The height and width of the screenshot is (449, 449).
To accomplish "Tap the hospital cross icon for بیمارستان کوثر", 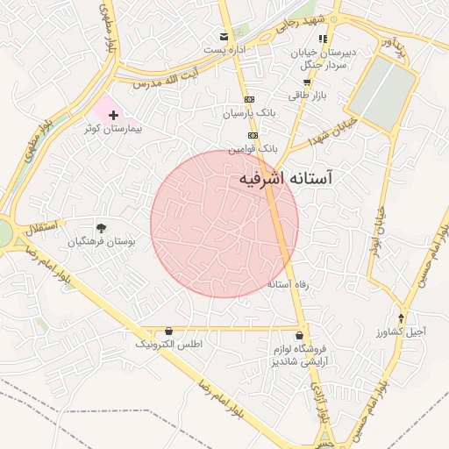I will tap(113, 115).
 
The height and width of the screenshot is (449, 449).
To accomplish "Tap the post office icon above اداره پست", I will tap(225, 37).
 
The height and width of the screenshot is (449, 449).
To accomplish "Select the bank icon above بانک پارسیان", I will tap(250, 100).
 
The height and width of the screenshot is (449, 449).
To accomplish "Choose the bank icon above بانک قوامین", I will tap(253, 135).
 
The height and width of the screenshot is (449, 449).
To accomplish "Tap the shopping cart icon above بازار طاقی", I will tap(306, 82).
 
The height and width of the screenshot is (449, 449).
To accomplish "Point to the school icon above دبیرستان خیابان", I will tap(324, 39).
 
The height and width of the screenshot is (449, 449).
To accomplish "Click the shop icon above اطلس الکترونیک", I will tap(169, 331).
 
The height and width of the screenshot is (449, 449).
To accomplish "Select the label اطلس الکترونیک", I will tap(169, 345).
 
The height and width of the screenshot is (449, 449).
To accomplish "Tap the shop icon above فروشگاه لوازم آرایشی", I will tap(301, 335).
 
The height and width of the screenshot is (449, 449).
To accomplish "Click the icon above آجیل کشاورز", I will tap(402, 318).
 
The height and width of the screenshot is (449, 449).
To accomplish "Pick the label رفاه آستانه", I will tap(290, 285).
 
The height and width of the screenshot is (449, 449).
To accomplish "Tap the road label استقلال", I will tap(39, 230).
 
